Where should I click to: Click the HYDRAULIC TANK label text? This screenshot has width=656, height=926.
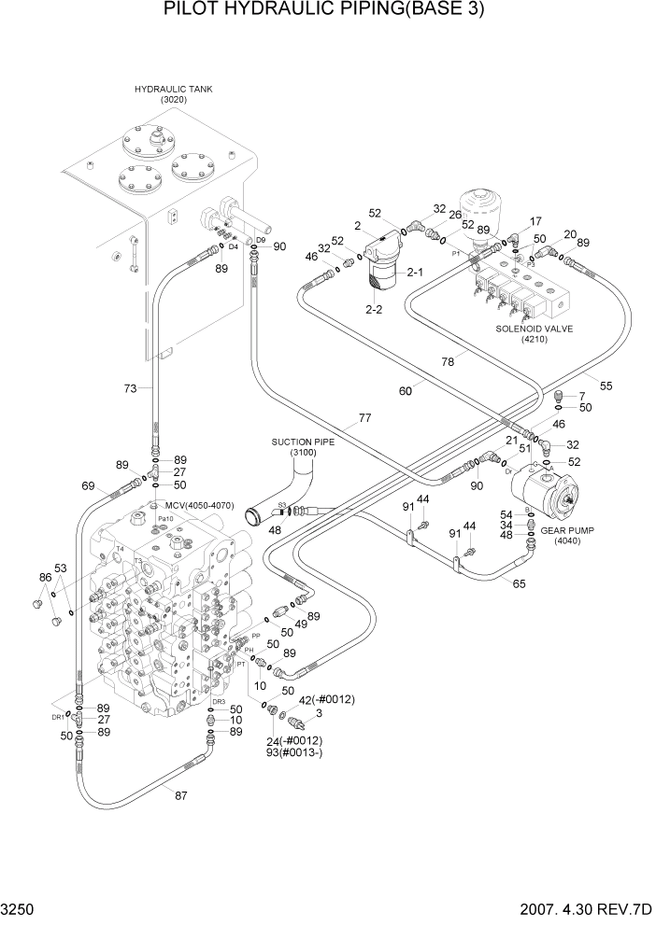174,90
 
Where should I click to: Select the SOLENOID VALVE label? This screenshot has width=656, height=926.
535,330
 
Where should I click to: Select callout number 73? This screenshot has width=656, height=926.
131,386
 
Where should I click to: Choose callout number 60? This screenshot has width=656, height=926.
406,391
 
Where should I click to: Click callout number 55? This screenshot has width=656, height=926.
606,386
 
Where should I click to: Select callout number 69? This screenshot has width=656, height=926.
88,485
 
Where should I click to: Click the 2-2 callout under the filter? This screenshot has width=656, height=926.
376,308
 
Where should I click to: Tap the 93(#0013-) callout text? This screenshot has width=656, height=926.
295,754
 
